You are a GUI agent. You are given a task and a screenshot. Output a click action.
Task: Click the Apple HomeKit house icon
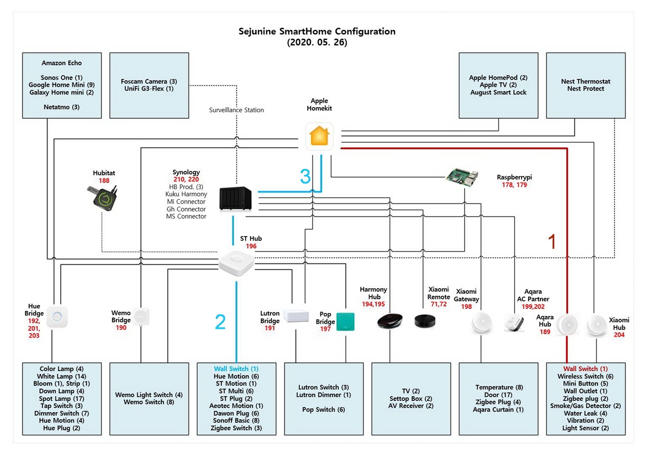coord(319,136)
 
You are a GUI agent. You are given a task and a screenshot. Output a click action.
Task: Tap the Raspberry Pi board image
coord(462,177)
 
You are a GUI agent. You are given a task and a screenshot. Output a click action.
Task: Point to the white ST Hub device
coord(236,262)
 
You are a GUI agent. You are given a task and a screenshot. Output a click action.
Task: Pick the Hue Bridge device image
coord(57,317)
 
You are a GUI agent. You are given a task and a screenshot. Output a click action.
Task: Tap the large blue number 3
coord(305,176)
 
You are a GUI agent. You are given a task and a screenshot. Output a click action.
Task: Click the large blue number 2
coord(220,322)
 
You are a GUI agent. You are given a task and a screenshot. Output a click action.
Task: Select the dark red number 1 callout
coord(552,242)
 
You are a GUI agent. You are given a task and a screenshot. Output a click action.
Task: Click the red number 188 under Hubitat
coord(104,180)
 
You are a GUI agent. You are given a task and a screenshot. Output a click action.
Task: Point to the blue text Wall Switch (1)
coord(236,369)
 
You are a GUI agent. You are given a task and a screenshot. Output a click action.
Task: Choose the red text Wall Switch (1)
coord(585,369)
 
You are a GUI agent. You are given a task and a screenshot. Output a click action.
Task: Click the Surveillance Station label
coord(237,110)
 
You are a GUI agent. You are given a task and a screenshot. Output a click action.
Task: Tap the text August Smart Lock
coord(498,93)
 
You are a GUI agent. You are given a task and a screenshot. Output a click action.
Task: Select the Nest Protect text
coord(585,88)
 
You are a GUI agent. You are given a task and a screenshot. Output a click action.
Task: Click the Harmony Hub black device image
coord(390,322)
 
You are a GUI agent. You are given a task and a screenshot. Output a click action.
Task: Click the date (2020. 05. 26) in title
coord(317,43)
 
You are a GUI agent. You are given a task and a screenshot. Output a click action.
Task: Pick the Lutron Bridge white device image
coord(296,316)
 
